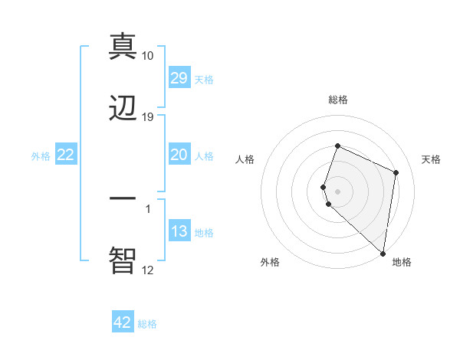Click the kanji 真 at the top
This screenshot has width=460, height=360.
pyautogui.click(x=123, y=45)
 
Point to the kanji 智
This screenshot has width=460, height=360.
pyautogui.click(x=123, y=260)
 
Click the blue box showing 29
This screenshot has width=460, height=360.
pyautogui.click(x=179, y=78)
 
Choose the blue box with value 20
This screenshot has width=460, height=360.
pyautogui.click(x=179, y=155)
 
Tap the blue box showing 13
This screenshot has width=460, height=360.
pyautogui.click(x=179, y=231)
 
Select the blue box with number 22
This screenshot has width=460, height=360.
pyautogui.click(x=65, y=155)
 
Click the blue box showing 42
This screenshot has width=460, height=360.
pyautogui.click(x=123, y=322)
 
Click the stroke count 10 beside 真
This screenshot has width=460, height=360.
pyautogui.click(x=148, y=56)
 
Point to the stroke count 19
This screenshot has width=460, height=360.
pyautogui.click(x=148, y=117)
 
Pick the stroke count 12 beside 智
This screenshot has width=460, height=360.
pyautogui.click(x=148, y=270)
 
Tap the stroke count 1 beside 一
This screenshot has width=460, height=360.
pyautogui.click(x=148, y=208)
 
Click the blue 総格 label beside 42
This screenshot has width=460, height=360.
pyautogui.click(x=147, y=324)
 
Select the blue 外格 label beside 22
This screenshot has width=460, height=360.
pyautogui.click(x=41, y=155)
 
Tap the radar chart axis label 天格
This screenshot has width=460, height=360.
pyautogui.click(x=432, y=159)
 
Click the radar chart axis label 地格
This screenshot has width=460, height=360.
pyautogui.click(x=402, y=262)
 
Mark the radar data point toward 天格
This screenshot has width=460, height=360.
pyautogui.click(x=396, y=172)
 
